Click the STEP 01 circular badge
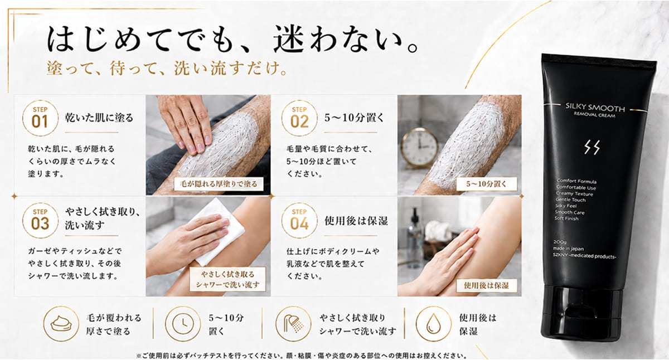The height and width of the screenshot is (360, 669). [x=40, y=118]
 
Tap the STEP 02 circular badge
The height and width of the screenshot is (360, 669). [x=299, y=118]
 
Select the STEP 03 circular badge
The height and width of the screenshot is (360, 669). [x=40, y=221]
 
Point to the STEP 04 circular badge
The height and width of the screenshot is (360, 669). [x=299, y=221]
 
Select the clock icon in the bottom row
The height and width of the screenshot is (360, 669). [x=183, y=324]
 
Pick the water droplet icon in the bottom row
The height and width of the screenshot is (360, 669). [x=433, y=324]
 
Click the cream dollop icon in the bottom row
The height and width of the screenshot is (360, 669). [x=61, y=324]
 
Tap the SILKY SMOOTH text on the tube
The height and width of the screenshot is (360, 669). [x=595, y=108]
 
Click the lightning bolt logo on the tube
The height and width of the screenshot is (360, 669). [x=592, y=148]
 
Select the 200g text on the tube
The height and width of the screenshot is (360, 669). [x=560, y=242]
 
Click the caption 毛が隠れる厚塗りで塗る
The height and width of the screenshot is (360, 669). [x=219, y=184]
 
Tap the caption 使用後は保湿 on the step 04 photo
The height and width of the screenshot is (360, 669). [x=486, y=286]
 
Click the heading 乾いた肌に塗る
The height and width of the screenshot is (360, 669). [x=99, y=118]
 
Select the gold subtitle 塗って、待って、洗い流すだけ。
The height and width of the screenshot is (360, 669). [x=167, y=69]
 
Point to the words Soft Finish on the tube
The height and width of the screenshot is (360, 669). [x=566, y=218]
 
